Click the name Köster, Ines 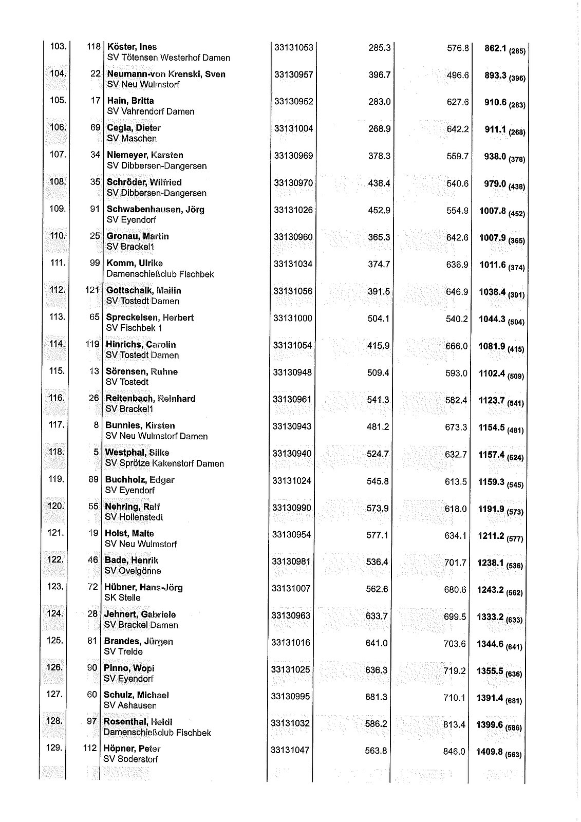click(132, 47)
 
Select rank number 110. click(58, 236)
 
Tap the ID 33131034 click(293, 265)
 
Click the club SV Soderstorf click(131, 759)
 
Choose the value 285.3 click(380, 48)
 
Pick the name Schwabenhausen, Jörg click(155, 210)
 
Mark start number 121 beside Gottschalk click(92, 291)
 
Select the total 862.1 click(496, 49)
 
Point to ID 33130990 click(292, 508)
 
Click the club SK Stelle click(122, 598)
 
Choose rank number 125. click(55, 641)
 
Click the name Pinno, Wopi click(129, 668)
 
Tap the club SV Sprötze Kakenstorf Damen click(164, 464)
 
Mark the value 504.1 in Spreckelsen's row click(379, 319)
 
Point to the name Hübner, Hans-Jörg click(143, 588)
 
